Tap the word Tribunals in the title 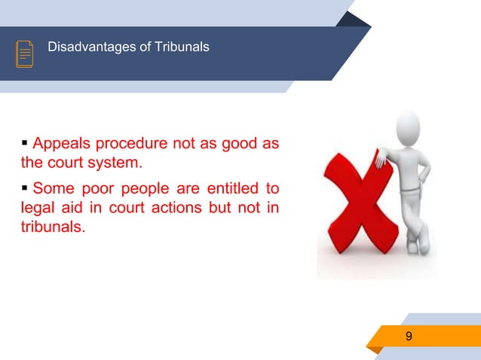183,48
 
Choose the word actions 175,206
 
